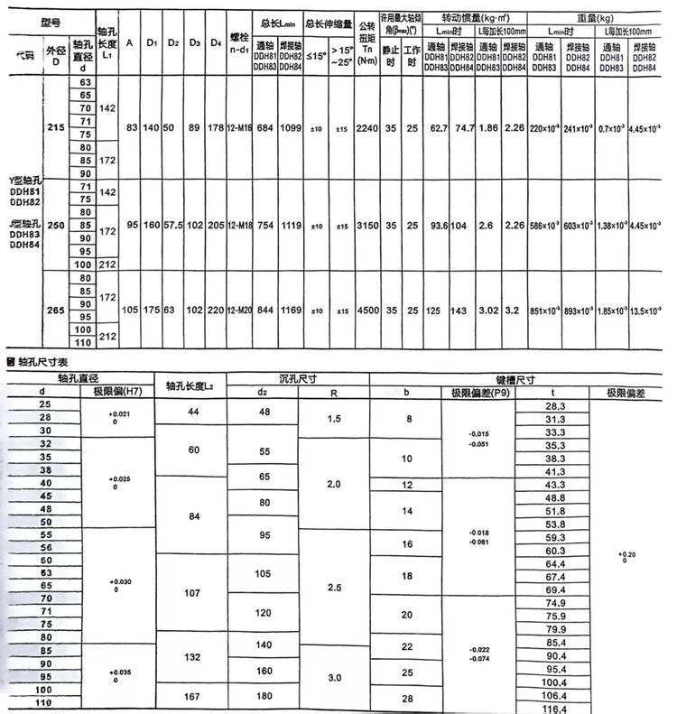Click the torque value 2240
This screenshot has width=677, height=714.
click(x=366, y=128)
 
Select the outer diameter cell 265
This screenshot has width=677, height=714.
click(x=56, y=310)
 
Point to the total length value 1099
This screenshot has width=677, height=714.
click(x=290, y=128)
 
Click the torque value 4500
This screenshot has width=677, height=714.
click(x=366, y=310)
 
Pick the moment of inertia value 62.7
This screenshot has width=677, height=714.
click(x=440, y=128)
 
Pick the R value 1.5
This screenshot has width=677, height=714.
click(x=334, y=420)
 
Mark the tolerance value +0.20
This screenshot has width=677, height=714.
click(x=628, y=555)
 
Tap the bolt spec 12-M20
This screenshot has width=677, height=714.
click(x=239, y=310)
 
